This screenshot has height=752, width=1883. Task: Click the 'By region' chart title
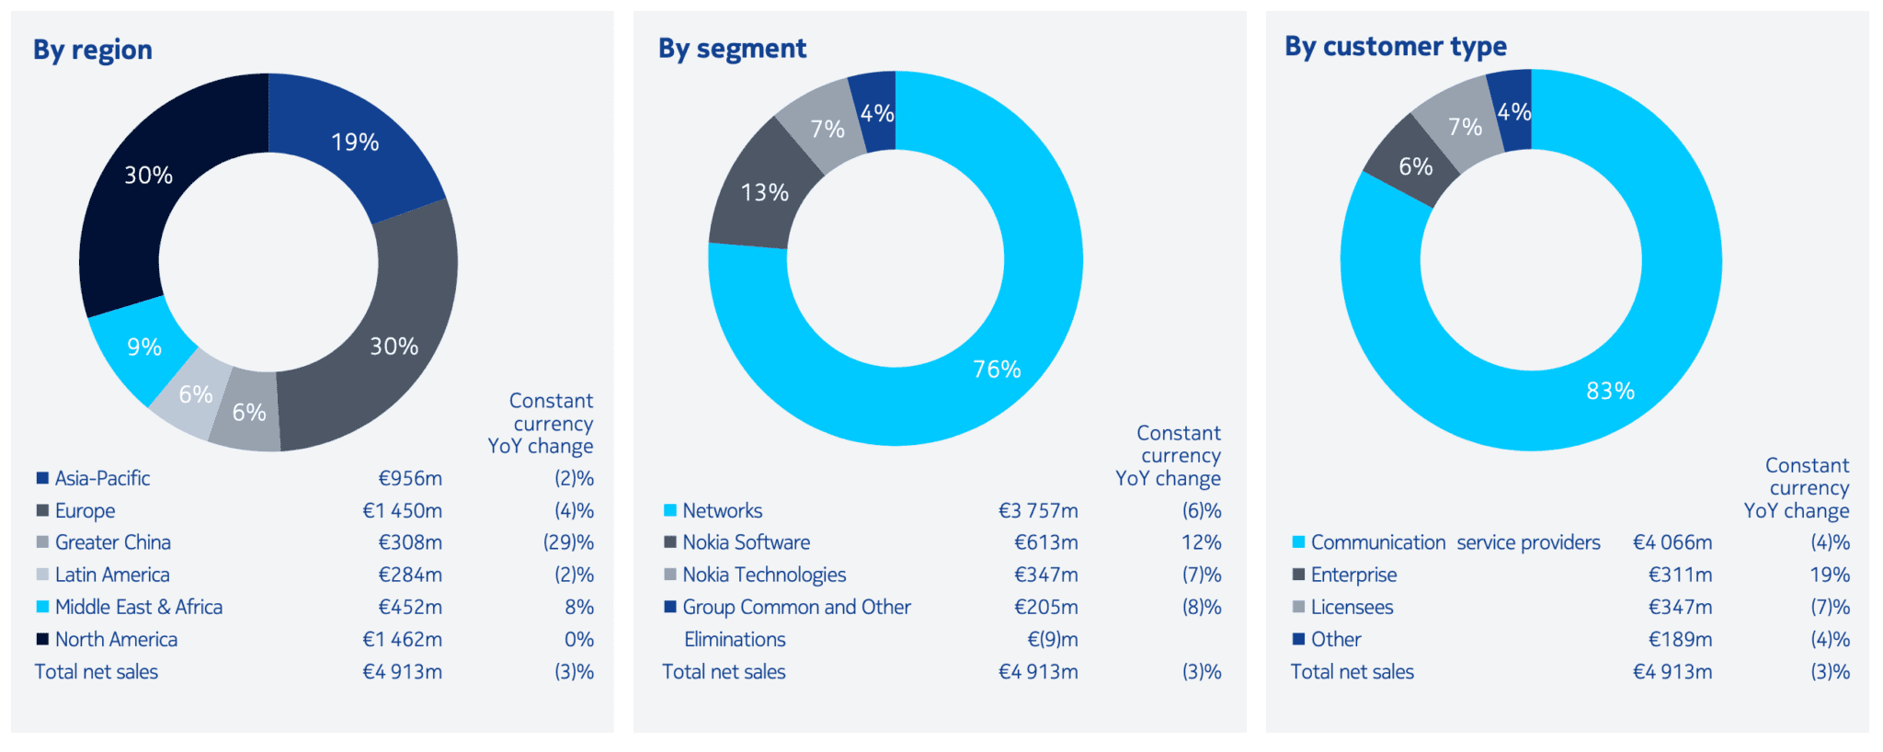pyautogui.click(x=93, y=50)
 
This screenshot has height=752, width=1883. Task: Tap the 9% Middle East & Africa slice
pyautogui.click(x=144, y=348)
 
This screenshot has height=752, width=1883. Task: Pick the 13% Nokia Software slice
pyautogui.click(x=764, y=193)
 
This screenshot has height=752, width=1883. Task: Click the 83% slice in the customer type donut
pyautogui.click(x=1610, y=392)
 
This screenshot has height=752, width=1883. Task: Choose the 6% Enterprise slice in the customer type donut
pyautogui.click(x=1415, y=167)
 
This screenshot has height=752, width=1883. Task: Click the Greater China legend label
pyautogui.click(x=113, y=542)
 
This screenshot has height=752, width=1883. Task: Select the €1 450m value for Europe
pyautogui.click(x=402, y=510)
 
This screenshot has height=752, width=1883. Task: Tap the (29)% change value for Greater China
pyautogui.click(x=568, y=542)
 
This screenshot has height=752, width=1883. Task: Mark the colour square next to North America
pyautogui.click(x=42, y=639)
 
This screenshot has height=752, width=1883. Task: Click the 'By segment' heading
pyautogui.click(x=732, y=49)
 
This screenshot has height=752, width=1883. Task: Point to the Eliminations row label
pyautogui.click(x=735, y=639)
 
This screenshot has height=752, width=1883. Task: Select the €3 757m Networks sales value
pyautogui.click(x=1038, y=510)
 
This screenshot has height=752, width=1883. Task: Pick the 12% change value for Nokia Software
pyautogui.click(x=1201, y=542)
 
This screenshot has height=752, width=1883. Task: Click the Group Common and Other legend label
pyautogui.click(x=796, y=607)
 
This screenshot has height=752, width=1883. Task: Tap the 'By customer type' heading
pyautogui.click(x=1395, y=46)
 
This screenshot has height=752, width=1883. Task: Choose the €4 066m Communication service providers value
pyautogui.click(x=1672, y=542)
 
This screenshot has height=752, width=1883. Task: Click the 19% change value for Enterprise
pyautogui.click(x=1829, y=575)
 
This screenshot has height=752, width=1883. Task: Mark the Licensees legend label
pyautogui.click(x=1352, y=607)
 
